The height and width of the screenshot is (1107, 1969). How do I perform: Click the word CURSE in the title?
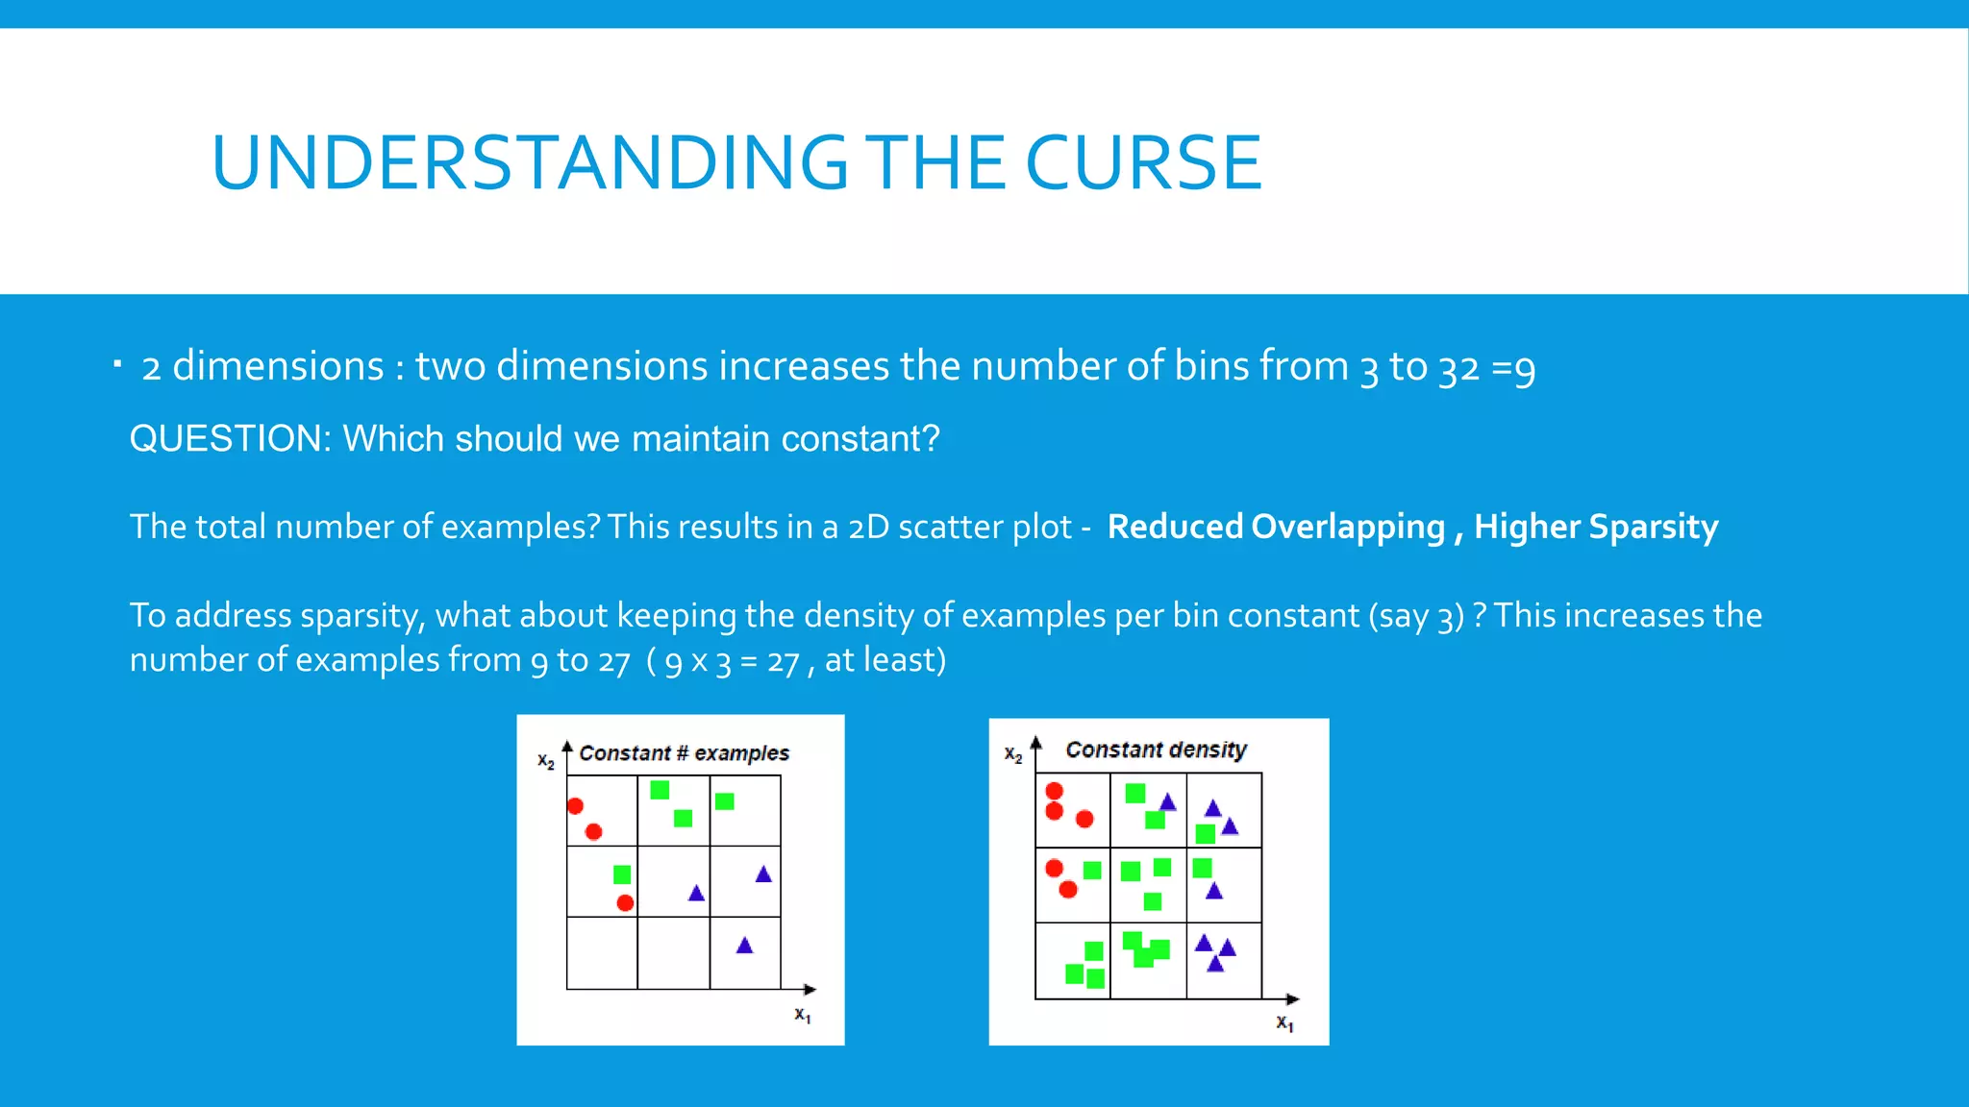point(1143,163)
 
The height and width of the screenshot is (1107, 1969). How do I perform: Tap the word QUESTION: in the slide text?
point(230,439)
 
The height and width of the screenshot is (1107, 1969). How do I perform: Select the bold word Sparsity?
point(1653,527)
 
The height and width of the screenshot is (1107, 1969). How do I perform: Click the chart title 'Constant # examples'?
point(684,753)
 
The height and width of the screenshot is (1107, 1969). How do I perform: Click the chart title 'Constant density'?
point(1156,750)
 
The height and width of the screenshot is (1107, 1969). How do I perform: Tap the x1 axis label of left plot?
point(802,1015)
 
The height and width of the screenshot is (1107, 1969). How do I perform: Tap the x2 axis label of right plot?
point(1012,754)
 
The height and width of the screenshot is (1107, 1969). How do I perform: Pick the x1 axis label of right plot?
point(1284,1023)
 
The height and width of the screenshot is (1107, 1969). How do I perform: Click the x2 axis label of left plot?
point(545,761)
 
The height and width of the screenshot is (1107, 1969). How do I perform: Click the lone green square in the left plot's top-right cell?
point(725,801)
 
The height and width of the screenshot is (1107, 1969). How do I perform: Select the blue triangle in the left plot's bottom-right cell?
point(744,946)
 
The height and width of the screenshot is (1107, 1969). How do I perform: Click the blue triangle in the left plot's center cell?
point(696,894)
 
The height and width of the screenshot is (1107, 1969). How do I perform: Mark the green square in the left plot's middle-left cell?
point(622,874)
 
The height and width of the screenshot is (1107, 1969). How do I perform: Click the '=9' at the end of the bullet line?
point(1513,368)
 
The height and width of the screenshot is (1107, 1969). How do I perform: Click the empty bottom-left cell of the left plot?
point(602,953)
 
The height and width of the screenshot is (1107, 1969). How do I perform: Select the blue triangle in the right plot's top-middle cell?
point(1167,802)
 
